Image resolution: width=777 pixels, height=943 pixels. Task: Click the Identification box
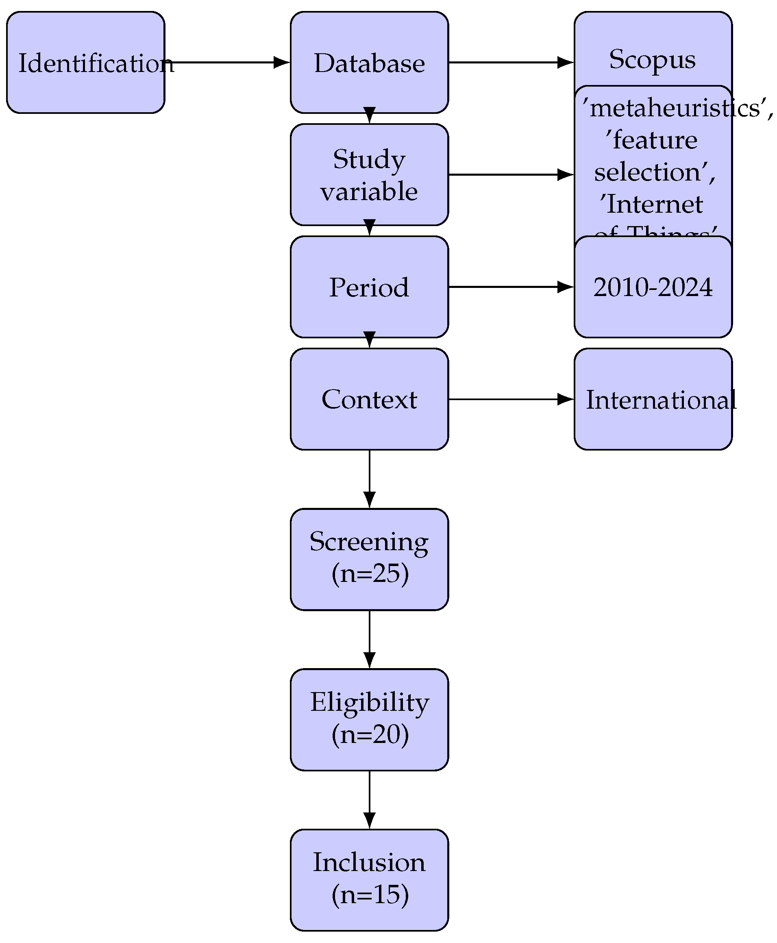pos(85,62)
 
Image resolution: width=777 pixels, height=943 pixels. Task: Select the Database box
pos(369,62)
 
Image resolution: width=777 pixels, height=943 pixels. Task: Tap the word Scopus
pos(652,59)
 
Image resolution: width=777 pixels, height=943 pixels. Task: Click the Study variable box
pos(369,174)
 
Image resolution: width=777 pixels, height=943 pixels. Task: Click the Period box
pos(369,287)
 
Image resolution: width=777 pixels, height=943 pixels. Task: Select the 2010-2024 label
pos(653,287)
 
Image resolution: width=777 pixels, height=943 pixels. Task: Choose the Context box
pos(369,399)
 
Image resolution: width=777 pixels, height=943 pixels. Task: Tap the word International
pos(660,399)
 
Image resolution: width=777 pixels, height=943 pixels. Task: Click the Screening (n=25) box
pos(369,560)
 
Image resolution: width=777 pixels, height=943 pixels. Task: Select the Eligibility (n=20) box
pos(369,720)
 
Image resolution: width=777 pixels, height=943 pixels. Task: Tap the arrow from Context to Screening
pos(369,479)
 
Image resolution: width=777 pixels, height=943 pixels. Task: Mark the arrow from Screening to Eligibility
pos(369,639)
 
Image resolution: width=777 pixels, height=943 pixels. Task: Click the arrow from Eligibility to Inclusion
pos(369,799)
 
